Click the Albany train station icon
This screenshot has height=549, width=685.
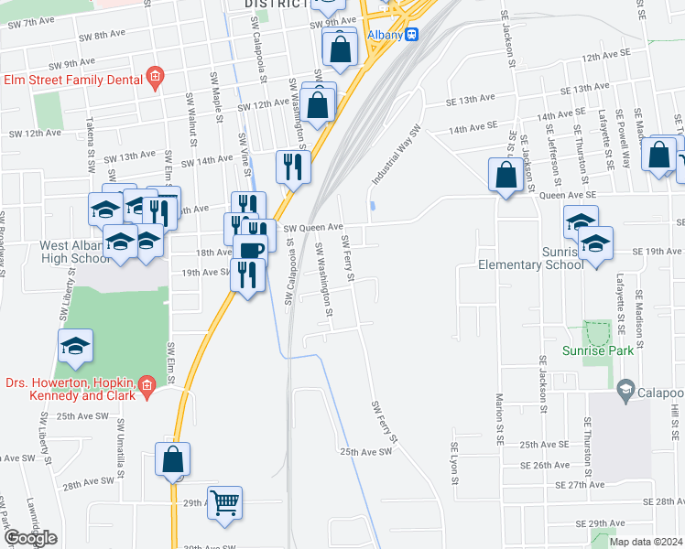click(x=413, y=34)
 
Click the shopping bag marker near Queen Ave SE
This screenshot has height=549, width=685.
click(x=506, y=175)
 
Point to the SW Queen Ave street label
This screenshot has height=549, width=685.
click(x=312, y=227)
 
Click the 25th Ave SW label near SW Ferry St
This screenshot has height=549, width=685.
click(x=365, y=451)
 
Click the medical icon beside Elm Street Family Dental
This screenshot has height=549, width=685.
click(x=155, y=79)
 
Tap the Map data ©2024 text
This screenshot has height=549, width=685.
click(x=646, y=542)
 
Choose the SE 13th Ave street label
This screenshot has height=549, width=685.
click(x=571, y=89)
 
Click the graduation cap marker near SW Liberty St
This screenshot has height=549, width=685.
click(x=75, y=345)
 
